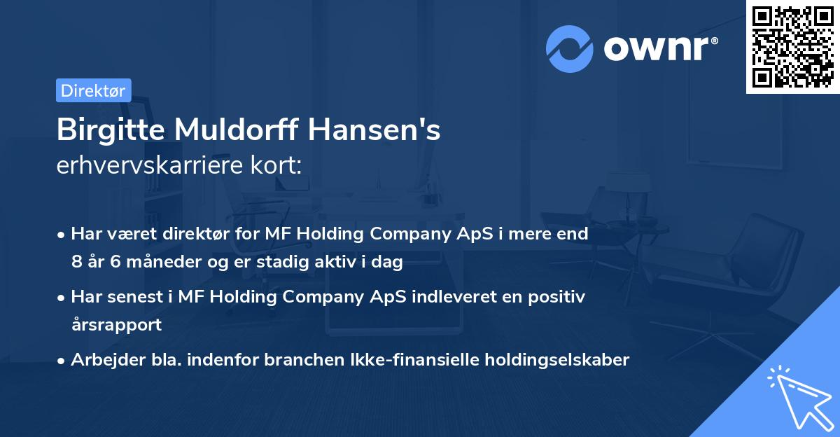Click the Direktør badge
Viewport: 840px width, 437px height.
click(93, 90)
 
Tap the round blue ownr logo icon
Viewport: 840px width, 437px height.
click(570, 48)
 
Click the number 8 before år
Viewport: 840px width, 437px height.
click(76, 263)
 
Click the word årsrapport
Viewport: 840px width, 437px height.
click(116, 325)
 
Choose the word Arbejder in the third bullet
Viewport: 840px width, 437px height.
click(100, 360)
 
